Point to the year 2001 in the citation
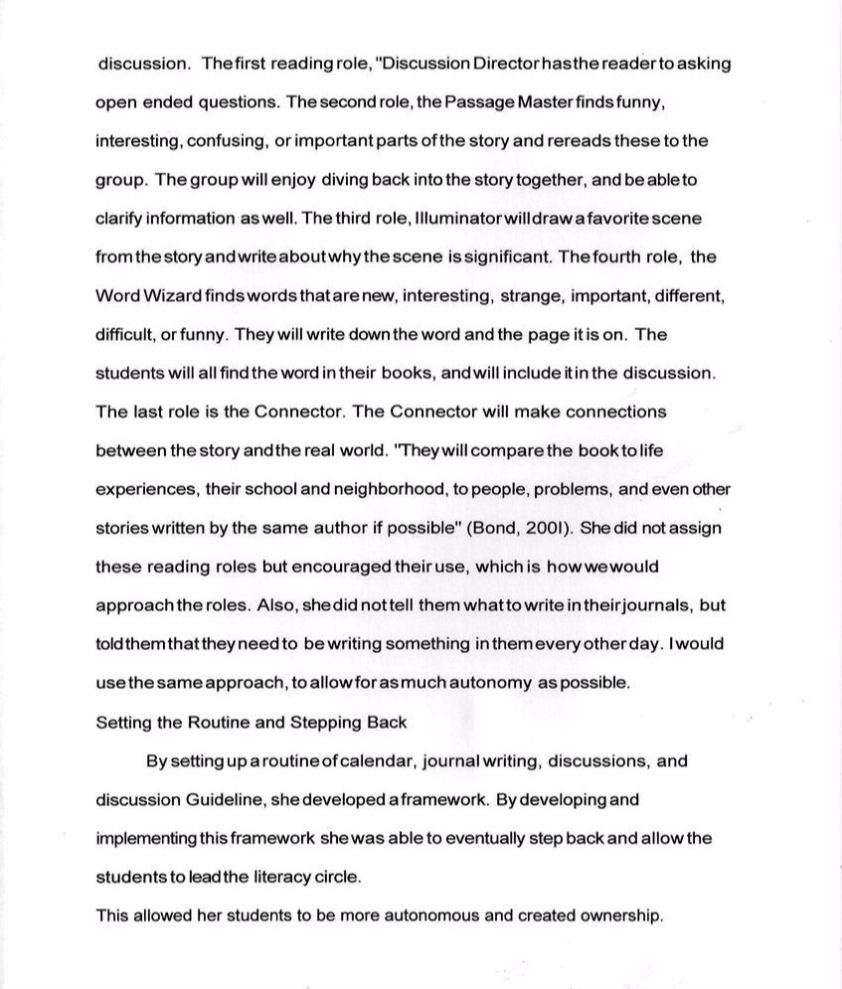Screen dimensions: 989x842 click(536, 528)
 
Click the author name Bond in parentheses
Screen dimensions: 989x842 click(495, 528)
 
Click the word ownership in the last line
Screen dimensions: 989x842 click(618, 915)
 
